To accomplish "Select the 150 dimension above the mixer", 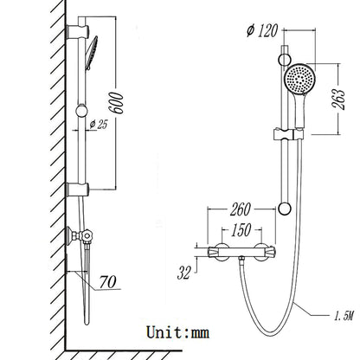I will click(241, 231).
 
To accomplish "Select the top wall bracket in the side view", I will click(74, 33).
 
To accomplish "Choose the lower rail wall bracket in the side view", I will click(74, 190).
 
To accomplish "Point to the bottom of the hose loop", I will click(274, 338).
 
